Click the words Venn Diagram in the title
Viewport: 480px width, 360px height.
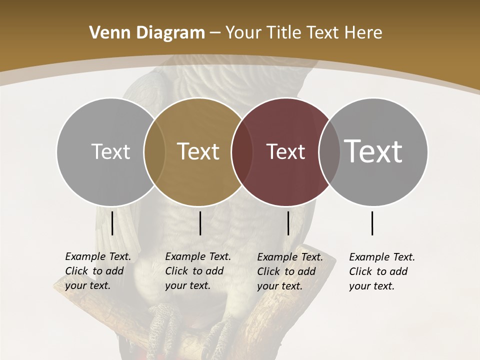pyautogui.click(x=147, y=33)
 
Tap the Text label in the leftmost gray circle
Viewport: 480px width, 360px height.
pyautogui.click(x=110, y=151)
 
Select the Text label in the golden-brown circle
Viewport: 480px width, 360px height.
pyautogui.click(x=198, y=151)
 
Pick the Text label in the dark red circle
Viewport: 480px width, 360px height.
pyautogui.click(x=285, y=151)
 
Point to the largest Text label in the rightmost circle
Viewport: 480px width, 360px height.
pyautogui.click(x=373, y=151)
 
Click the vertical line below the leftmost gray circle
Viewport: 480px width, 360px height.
pyautogui.click(x=112, y=223)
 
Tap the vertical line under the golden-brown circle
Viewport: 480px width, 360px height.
pyautogui.click(x=200, y=223)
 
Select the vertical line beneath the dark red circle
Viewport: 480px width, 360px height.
pyautogui.click(x=288, y=223)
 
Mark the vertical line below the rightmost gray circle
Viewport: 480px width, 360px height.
pyautogui.click(x=372, y=223)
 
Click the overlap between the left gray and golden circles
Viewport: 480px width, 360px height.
pyautogui.click(x=154, y=151)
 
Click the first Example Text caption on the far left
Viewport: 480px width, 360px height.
pyautogui.click(x=97, y=271)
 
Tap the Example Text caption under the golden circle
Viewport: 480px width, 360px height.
pyautogui.click(x=197, y=271)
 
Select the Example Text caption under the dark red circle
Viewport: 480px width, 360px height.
pyautogui.click(x=289, y=271)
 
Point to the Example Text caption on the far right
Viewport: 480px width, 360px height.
pyautogui.click(x=381, y=271)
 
